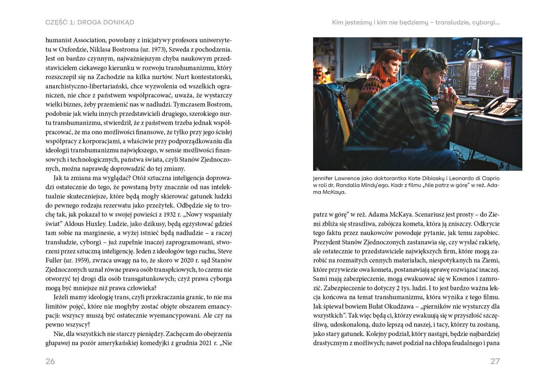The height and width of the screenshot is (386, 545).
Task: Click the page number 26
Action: click(x=50, y=361)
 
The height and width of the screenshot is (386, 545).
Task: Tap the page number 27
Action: click(x=495, y=361)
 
